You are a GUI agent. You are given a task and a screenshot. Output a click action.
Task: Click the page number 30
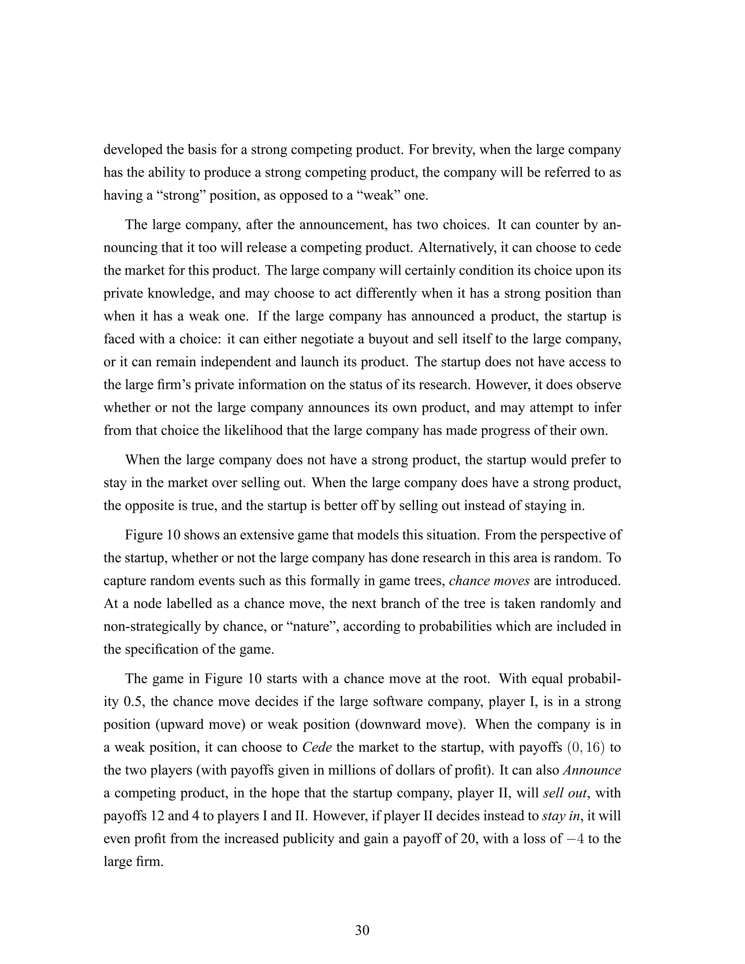(x=362, y=930)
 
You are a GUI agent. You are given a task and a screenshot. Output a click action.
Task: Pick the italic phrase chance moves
(x=489, y=581)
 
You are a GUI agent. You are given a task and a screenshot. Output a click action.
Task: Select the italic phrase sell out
(x=566, y=793)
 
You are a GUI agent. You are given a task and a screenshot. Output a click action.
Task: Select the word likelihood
(x=252, y=430)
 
